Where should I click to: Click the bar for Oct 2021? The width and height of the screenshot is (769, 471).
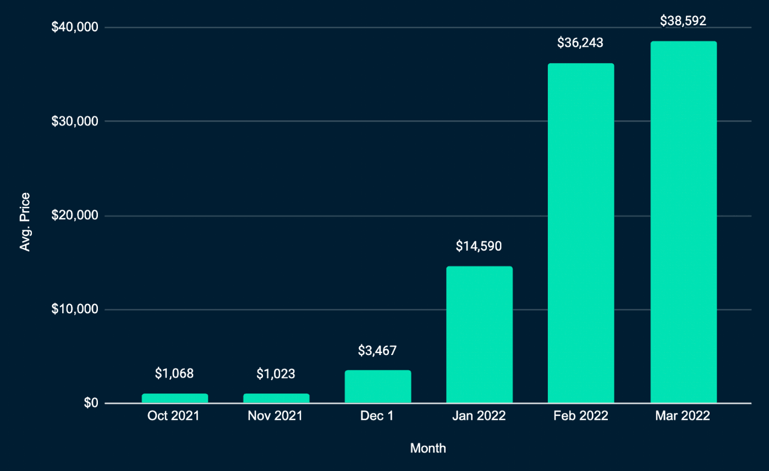[175, 398]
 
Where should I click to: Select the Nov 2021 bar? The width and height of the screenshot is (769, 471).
[276, 398]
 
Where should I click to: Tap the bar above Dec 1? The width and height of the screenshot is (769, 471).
[378, 387]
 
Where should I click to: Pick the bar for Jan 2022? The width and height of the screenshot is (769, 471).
[479, 335]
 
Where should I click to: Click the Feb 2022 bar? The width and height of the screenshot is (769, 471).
[581, 234]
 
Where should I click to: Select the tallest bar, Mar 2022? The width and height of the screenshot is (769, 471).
[683, 223]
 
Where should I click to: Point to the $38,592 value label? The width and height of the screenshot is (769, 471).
[683, 21]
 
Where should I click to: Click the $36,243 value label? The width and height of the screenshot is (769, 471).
[580, 42]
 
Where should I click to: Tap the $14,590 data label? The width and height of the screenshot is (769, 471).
[479, 246]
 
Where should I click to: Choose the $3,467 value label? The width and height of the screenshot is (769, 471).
[377, 350]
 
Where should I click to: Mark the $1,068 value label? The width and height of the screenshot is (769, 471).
[174, 374]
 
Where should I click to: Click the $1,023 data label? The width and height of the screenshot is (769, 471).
[276, 374]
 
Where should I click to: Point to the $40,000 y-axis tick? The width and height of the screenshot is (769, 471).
[75, 27]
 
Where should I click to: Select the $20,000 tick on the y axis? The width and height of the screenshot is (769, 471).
[75, 215]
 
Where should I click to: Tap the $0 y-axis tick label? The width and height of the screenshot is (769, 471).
[91, 403]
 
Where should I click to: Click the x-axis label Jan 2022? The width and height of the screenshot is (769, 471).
[479, 416]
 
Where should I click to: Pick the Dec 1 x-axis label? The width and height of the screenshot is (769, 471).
[377, 416]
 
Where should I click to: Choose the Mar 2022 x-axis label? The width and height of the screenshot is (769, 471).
[683, 416]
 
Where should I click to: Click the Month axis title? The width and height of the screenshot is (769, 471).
[428, 448]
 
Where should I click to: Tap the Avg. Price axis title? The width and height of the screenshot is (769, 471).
[25, 222]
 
